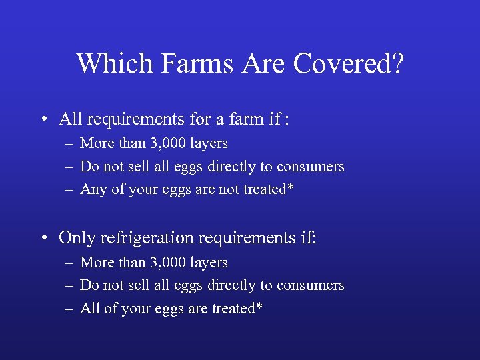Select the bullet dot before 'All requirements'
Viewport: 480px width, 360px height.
pos(42,120)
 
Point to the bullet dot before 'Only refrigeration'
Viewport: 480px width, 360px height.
pos(42,237)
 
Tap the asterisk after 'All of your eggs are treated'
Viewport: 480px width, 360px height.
pos(259,307)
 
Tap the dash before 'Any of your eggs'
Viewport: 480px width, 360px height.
pos(69,190)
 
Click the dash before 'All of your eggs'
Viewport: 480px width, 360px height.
pos(69,309)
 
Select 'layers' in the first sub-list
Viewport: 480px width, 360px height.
pos(207,144)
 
